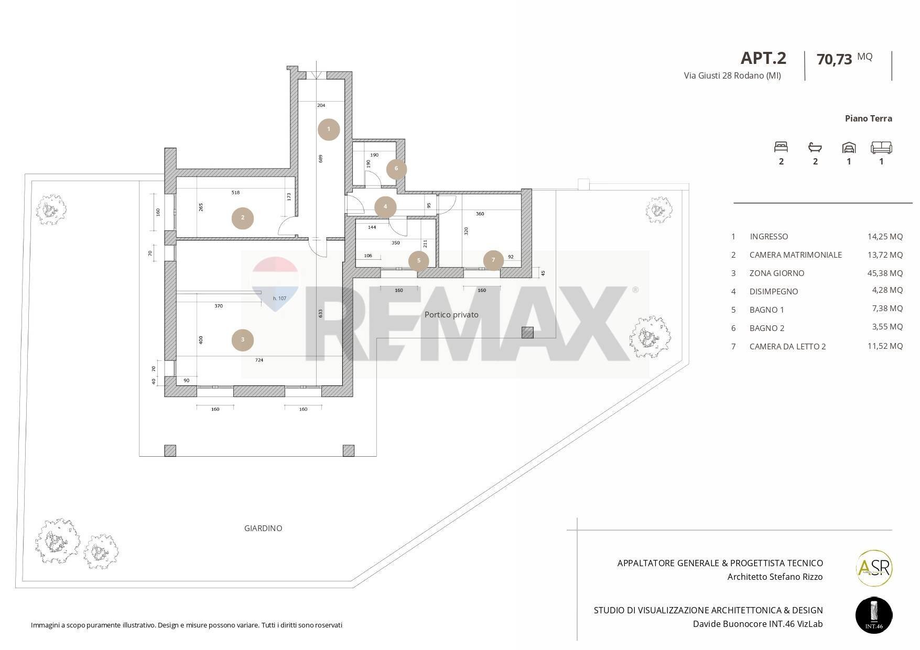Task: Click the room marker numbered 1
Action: [329, 129]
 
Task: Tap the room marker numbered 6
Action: [396, 169]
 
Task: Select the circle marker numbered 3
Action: [243, 340]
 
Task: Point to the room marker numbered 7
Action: [493, 260]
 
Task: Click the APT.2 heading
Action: [763, 58]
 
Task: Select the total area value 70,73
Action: [835, 59]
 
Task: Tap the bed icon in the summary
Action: [781, 147]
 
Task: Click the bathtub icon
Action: [815, 147]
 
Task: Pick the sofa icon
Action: [881, 147]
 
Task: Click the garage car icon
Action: [849, 147]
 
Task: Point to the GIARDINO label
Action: [263, 528]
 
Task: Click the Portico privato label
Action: [451, 315]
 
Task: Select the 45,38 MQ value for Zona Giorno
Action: [885, 273]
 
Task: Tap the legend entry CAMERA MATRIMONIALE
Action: [796, 255]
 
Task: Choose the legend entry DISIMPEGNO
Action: [774, 292]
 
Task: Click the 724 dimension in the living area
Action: [259, 360]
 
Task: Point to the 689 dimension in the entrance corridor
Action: [320, 158]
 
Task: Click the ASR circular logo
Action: [874, 568]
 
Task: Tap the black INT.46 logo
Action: [874, 615]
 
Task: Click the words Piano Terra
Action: [868, 118]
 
